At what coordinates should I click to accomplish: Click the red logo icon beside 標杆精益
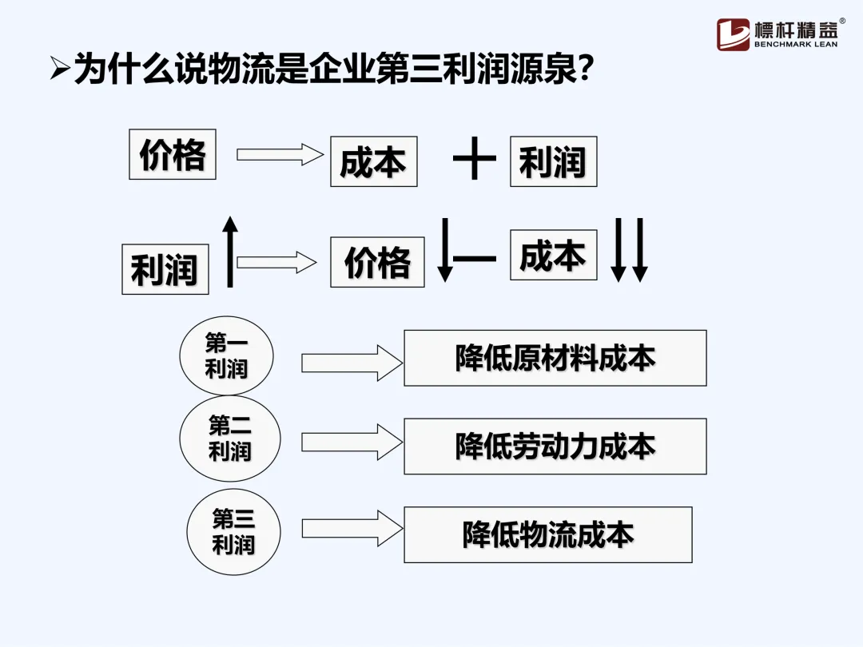point(733,34)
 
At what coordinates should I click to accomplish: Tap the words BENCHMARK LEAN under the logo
point(796,45)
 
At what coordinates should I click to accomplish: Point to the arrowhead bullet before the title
point(59,71)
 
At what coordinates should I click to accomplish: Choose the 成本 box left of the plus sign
point(373,162)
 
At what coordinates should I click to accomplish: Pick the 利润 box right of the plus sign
point(553,162)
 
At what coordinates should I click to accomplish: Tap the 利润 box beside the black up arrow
point(165,269)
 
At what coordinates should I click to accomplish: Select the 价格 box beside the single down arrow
point(377,262)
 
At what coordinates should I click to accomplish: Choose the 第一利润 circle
point(227,356)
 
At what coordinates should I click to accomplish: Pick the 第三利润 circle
point(233,532)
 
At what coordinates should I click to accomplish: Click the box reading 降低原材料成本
point(555,358)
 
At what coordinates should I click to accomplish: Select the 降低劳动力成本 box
point(555,447)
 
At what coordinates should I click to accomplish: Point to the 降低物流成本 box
point(547,534)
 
